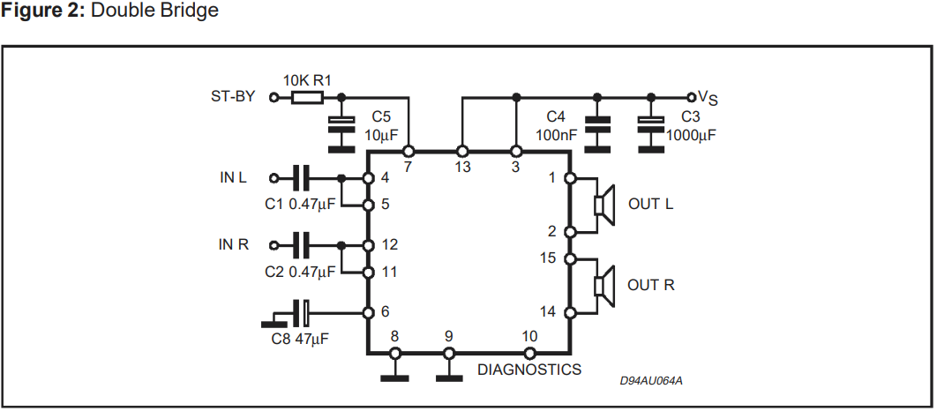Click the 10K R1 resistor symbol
point(306,97)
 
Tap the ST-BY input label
point(234,96)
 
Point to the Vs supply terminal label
point(708,97)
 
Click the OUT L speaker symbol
point(603,205)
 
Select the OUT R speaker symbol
point(603,286)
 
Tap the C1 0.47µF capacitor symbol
point(301,178)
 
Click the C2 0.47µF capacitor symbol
point(301,244)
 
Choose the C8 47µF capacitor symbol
point(302,312)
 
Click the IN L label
point(233,177)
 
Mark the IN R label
point(234,244)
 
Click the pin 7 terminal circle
point(409,151)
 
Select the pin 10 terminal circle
point(529,353)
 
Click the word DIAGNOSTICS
point(529,370)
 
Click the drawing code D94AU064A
point(651,381)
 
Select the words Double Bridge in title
point(161,11)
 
